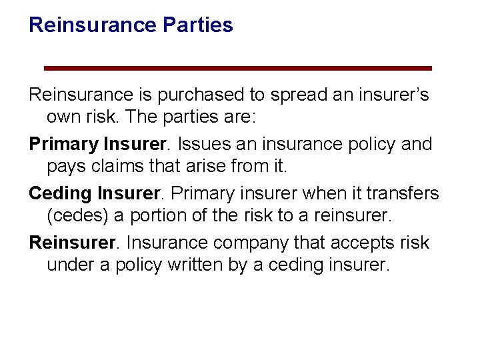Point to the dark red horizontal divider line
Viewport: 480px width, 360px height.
tap(237, 68)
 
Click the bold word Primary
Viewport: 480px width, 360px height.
tap(63, 145)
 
